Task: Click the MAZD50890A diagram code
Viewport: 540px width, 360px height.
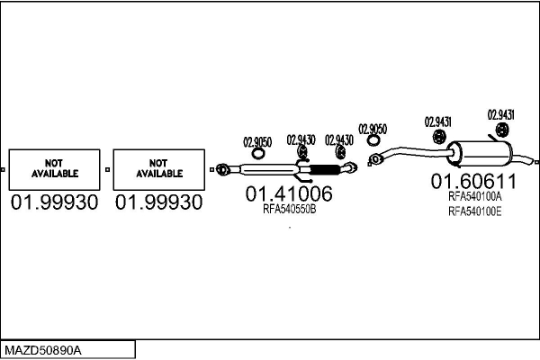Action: (x=43, y=351)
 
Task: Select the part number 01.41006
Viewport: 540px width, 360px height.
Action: (x=289, y=193)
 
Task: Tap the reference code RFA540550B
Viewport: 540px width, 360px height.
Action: (x=289, y=209)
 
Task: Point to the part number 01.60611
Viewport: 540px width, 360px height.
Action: (x=473, y=181)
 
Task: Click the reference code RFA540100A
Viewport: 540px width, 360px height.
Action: (x=475, y=196)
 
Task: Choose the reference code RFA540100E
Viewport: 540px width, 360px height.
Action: (x=475, y=211)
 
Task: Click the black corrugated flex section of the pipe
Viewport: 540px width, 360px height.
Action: (x=325, y=169)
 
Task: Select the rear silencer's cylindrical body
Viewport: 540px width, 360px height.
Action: (x=480, y=154)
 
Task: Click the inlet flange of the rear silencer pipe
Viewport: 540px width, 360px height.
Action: (x=375, y=158)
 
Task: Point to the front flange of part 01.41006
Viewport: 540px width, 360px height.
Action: (x=223, y=169)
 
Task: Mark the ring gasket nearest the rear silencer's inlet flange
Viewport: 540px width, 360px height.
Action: (x=373, y=140)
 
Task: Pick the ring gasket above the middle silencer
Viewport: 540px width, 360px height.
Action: (x=257, y=153)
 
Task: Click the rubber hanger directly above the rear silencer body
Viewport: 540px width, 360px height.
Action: (x=502, y=130)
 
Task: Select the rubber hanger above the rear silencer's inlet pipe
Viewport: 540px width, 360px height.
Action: (x=439, y=137)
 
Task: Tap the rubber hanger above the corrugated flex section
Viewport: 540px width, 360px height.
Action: (x=340, y=152)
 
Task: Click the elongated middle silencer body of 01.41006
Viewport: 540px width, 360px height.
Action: (x=268, y=169)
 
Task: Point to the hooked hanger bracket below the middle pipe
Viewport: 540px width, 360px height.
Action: (x=303, y=178)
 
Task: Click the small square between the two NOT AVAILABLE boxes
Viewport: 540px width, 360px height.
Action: (x=107, y=169)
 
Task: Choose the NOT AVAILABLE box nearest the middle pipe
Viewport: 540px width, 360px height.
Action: (x=159, y=169)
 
